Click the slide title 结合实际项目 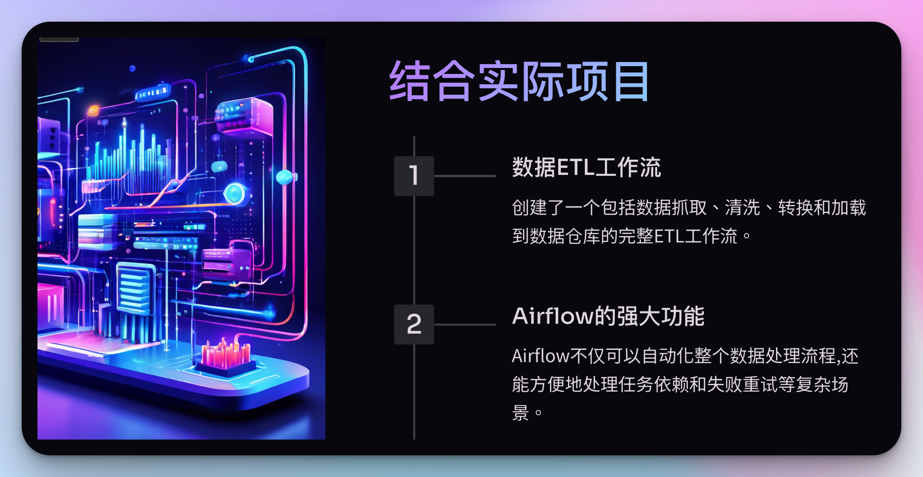coord(519,81)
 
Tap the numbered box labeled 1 coord(414,176)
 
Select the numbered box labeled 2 coord(414,324)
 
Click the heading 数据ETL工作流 coord(586,168)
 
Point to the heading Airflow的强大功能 coord(608,316)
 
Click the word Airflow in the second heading coord(553,316)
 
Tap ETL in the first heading coord(575,168)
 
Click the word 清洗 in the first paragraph coord(743,207)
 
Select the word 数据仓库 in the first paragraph coord(565,236)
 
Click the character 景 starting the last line coord(520,413)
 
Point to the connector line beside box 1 coord(464,176)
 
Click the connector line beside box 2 coord(464,324)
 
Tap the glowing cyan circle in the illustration coord(234,193)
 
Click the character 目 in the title coord(631,81)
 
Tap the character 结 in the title coord(409,81)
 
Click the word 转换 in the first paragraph coord(795,207)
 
